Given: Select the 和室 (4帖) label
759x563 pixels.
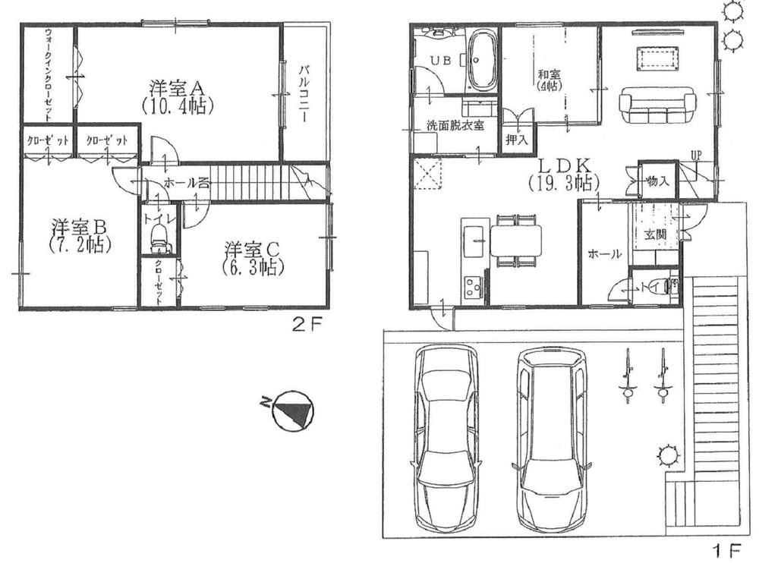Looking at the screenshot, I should pos(549,80).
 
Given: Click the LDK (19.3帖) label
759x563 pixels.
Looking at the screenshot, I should pos(563,174).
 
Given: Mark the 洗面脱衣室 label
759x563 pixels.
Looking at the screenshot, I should pos(455,126).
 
